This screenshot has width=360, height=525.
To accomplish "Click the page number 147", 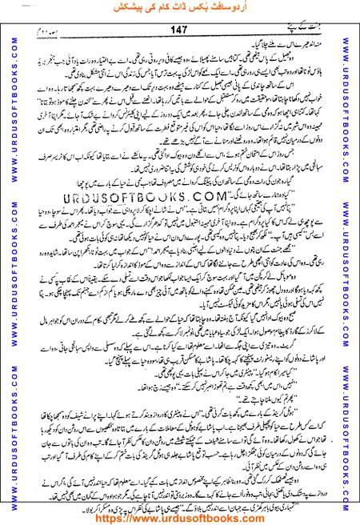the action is [178, 30].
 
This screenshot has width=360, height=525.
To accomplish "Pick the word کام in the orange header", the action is [163, 10].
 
